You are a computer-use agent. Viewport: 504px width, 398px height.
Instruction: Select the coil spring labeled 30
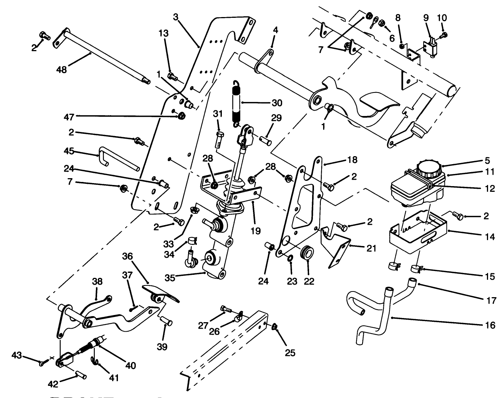point(236,103)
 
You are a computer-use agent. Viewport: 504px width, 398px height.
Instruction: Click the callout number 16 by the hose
point(490,325)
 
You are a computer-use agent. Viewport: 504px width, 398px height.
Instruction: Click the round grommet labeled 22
point(307,253)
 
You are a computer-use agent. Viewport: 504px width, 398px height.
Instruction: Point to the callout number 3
point(175,17)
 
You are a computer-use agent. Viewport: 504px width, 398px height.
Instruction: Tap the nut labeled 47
point(181,115)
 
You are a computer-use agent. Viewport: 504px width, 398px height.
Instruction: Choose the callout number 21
point(371,248)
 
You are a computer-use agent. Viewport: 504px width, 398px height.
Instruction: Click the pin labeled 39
point(166,320)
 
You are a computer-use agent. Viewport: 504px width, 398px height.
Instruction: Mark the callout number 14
point(490,237)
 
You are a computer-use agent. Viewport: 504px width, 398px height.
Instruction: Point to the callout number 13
point(163,33)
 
